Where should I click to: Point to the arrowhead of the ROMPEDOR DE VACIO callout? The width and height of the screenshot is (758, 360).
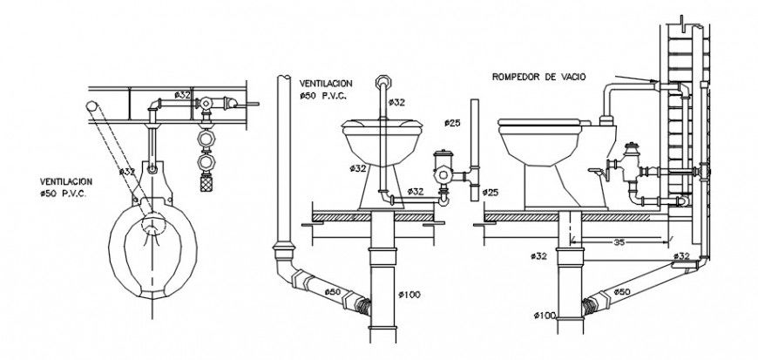click(657, 83)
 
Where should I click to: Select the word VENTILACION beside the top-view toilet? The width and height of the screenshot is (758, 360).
click(67, 182)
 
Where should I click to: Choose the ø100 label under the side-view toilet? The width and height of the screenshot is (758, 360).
click(545, 315)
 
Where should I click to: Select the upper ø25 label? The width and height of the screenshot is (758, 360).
click(451, 122)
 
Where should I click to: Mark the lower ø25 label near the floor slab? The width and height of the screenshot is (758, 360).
click(491, 192)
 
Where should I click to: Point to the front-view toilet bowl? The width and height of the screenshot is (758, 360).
click(381, 139)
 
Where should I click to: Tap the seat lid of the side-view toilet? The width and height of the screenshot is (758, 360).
click(539, 123)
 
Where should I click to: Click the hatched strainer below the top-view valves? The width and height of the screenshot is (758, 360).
click(206, 183)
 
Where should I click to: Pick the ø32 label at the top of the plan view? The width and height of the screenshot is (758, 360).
click(182, 94)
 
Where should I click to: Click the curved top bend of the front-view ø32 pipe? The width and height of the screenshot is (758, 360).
click(381, 81)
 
